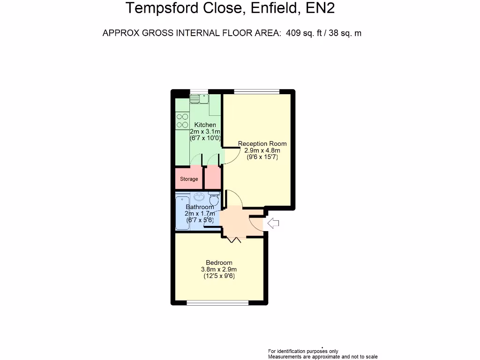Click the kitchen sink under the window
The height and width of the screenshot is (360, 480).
coord(200,98)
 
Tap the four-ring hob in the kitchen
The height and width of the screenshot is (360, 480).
coord(182,120)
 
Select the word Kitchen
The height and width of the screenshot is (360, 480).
coord(205,125)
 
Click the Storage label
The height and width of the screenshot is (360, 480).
coord(189,179)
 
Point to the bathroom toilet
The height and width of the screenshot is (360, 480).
coord(214,198)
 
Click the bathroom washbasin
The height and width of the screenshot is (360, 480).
coord(199,196)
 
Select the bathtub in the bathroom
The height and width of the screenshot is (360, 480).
coord(182,213)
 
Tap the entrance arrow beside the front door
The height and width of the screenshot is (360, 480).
coord(273,224)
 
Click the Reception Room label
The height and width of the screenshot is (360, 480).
coord(262,143)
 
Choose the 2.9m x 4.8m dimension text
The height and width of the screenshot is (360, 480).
coord(262,150)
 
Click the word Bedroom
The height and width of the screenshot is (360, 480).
coord(219,262)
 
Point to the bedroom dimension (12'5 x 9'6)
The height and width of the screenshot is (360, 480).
coord(219,277)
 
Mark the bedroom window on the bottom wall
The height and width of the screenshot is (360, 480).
coord(217,303)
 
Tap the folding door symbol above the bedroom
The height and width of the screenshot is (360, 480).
coord(234,240)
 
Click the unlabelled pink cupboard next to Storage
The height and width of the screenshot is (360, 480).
coord(212,177)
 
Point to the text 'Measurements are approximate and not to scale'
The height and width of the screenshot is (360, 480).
coord(322,357)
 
